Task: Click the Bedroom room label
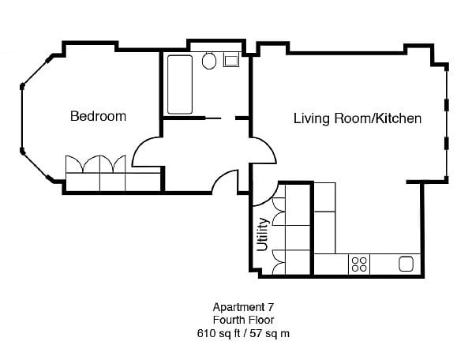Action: (x=98, y=116)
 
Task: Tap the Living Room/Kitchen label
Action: (x=357, y=118)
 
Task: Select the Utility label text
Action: (x=263, y=234)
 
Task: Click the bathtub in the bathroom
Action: (x=179, y=84)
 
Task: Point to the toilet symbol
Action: (x=210, y=60)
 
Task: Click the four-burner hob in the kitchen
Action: (x=359, y=264)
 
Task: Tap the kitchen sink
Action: (x=407, y=264)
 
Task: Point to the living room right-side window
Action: (x=447, y=123)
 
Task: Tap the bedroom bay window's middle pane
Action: (x=21, y=116)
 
